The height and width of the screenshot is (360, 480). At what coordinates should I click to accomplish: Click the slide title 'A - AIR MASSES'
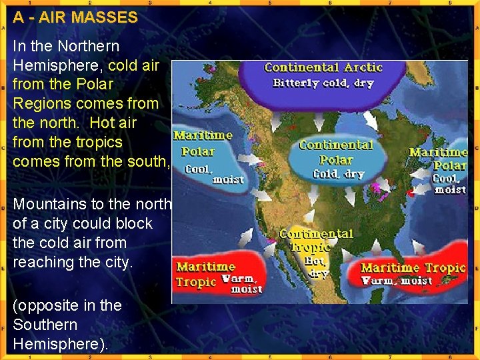(75, 18)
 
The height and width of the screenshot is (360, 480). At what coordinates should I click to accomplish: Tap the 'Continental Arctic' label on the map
(323, 67)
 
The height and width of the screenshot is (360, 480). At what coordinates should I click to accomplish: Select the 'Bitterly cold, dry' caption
(323, 83)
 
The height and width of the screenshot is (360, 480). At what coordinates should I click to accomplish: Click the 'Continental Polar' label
(336, 152)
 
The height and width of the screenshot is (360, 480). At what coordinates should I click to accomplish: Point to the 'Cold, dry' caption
(339, 175)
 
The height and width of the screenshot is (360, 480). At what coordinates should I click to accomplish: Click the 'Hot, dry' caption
(315, 267)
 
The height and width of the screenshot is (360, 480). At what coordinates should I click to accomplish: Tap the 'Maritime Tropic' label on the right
(413, 268)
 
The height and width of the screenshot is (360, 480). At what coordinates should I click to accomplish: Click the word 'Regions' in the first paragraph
(41, 103)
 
